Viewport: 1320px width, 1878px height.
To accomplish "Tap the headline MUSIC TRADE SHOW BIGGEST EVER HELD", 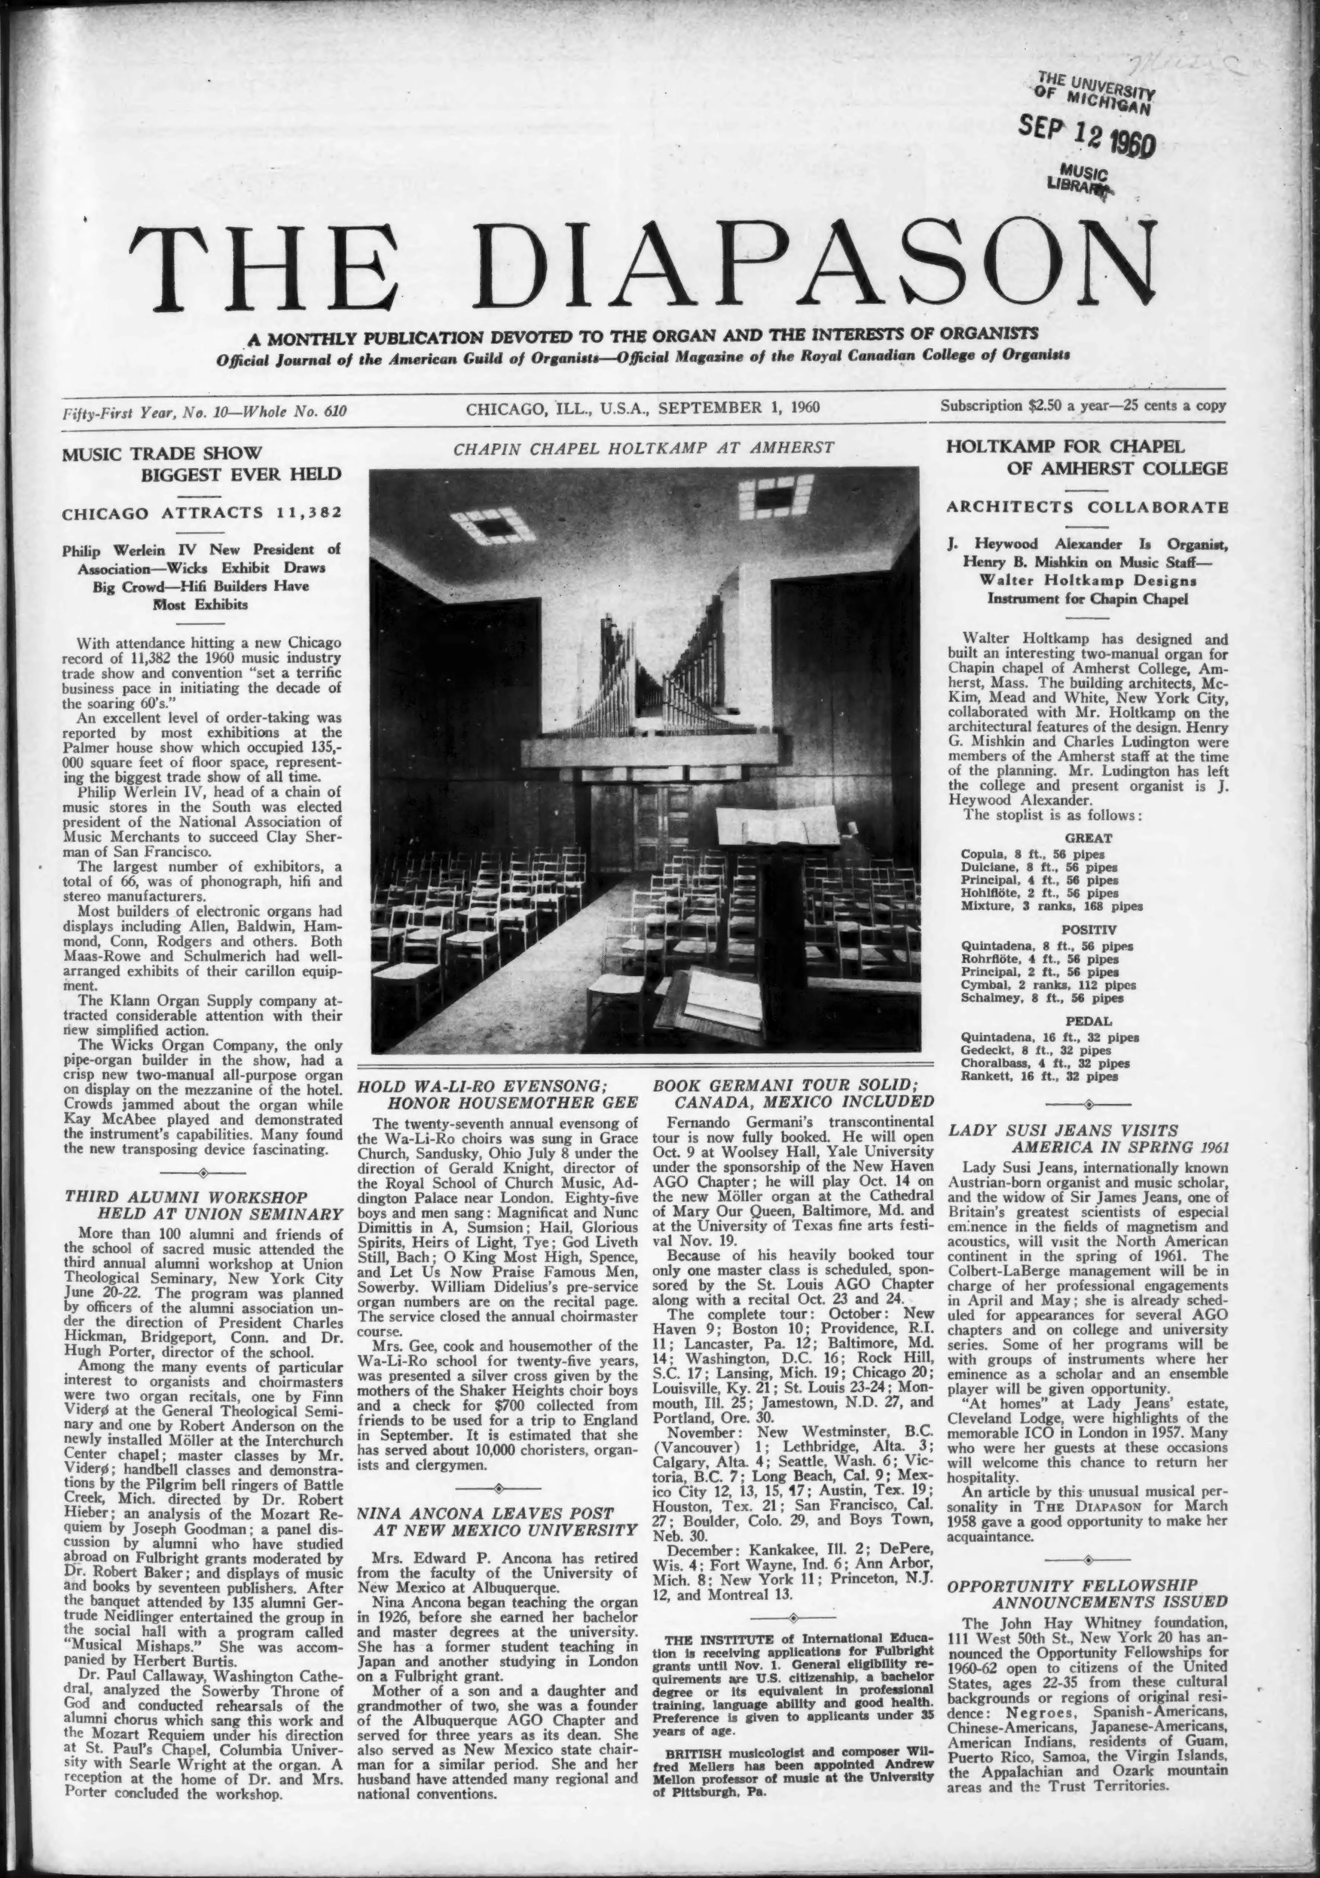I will [x=202, y=463].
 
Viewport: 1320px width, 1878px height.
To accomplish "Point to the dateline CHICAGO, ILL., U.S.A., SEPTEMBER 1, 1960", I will [x=643, y=407].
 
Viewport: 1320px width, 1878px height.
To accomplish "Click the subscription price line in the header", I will [x=1083, y=406].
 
